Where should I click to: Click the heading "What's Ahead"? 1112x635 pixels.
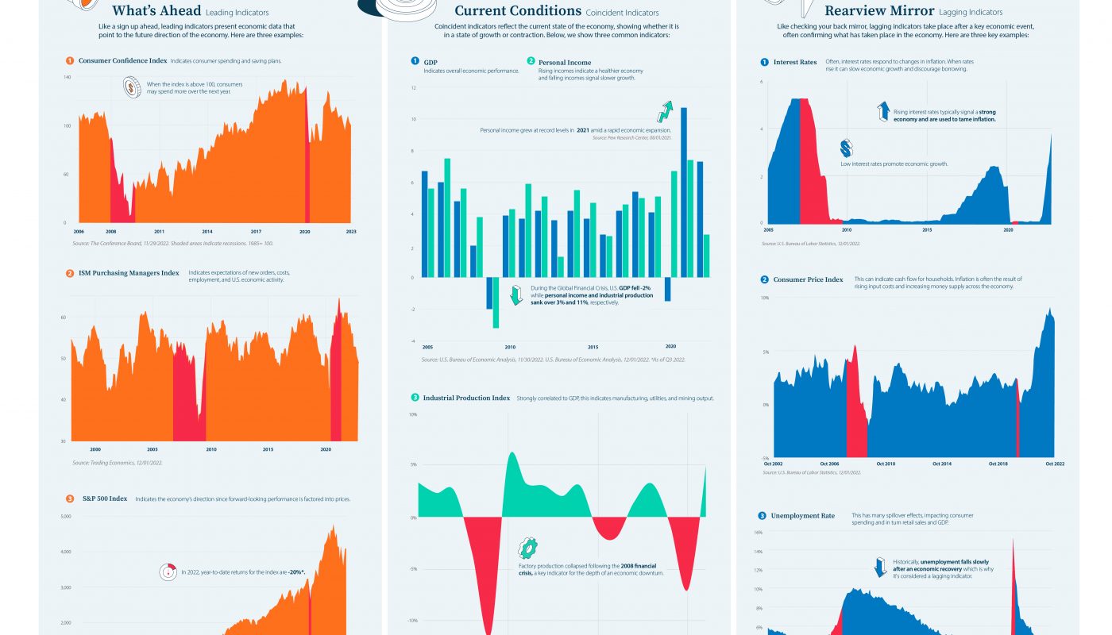click(x=156, y=11)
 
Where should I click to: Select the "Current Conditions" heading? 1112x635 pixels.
click(x=518, y=11)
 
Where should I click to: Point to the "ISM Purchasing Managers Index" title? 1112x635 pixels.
click(x=129, y=273)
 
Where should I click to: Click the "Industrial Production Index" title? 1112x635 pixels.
click(x=466, y=398)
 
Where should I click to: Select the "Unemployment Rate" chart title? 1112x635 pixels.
click(x=803, y=516)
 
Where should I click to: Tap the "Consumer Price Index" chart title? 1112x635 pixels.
click(x=807, y=279)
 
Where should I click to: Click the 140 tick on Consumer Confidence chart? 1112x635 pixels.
click(x=68, y=77)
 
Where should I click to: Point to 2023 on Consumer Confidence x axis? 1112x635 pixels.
click(x=350, y=231)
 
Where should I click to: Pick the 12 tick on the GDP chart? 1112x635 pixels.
click(x=414, y=87)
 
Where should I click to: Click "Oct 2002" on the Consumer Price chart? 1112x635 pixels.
click(x=773, y=464)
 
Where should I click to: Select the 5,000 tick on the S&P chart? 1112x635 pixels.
click(x=66, y=517)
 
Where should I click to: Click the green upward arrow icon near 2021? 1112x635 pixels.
click(x=665, y=111)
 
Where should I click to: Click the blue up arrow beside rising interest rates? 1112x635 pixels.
click(x=882, y=111)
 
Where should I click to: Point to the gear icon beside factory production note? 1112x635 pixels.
click(x=527, y=548)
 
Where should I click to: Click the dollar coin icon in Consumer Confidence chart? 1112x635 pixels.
click(x=132, y=87)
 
